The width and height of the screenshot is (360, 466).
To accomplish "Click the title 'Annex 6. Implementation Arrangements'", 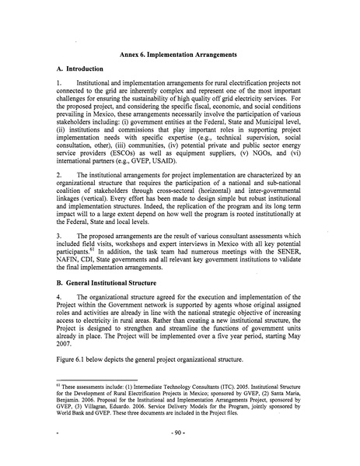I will click(181, 55).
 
